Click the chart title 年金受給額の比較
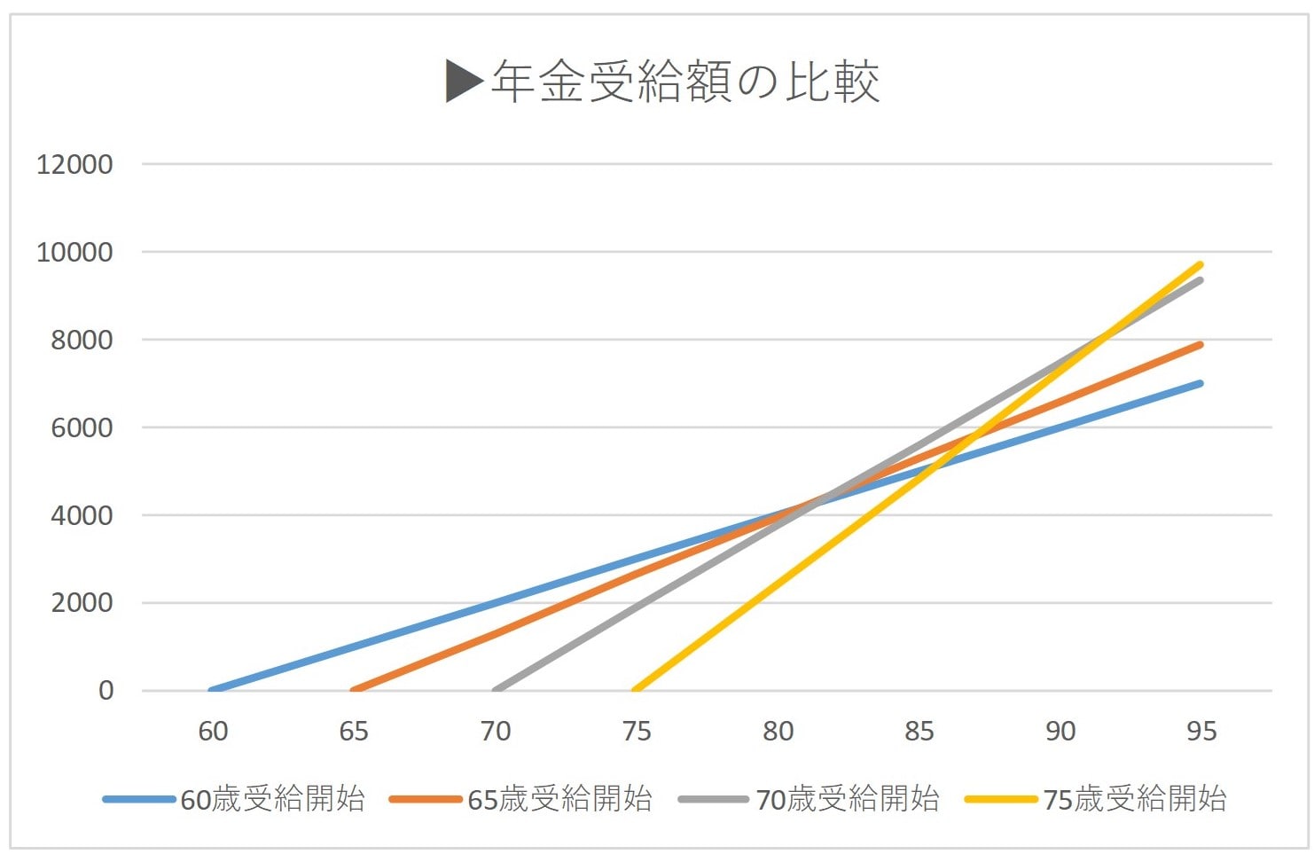pos(684,82)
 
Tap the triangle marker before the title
pos(464,81)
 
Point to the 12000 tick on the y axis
pos(74,164)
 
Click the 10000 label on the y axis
pos(74,252)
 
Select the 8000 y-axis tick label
pos(82,340)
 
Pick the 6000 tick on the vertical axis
pos(82,427)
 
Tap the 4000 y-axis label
pos(82,515)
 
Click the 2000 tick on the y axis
pos(82,602)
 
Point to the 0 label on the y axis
pos(106,690)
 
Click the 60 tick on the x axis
pos(213,732)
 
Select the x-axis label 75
pos(637,732)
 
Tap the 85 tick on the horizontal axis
pos(919,732)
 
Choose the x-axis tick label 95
pos(1201,732)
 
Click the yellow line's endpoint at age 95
pos(1201,264)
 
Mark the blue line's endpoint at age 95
pos(1201,383)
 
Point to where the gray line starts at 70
pos(497,689)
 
